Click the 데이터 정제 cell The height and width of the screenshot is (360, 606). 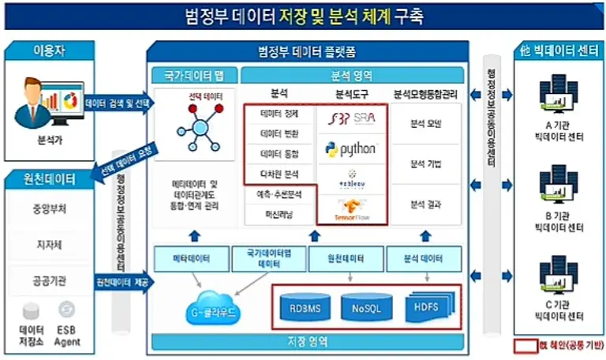pos(279,115)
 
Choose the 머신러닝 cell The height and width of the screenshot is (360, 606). pos(279,213)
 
